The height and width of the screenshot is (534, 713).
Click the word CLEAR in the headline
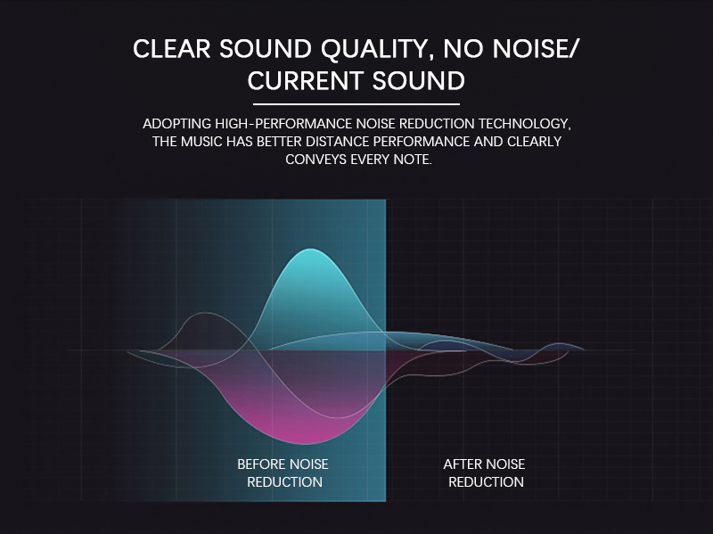tap(171, 49)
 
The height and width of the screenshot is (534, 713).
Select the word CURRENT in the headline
tap(306, 81)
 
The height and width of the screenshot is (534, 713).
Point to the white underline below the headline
tap(356, 104)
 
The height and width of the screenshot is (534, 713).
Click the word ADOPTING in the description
tap(176, 124)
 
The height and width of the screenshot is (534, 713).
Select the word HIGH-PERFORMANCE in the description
tap(283, 124)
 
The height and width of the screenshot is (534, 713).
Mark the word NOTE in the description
tap(413, 160)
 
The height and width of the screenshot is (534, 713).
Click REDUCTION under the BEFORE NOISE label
tap(284, 481)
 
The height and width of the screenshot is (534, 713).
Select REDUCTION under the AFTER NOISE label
tap(486, 481)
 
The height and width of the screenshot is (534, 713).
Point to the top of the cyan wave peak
tap(310, 249)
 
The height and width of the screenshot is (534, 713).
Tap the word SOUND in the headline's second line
tap(419, 81)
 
